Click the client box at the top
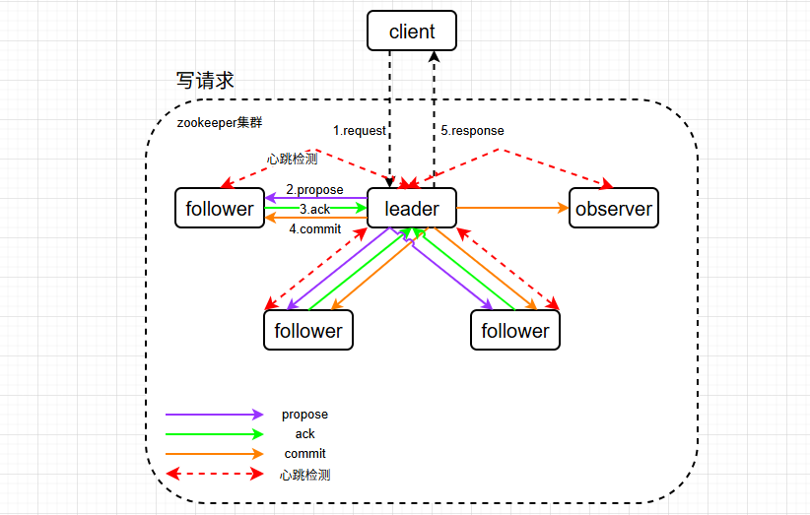(412, 32)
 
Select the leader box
(412, 209)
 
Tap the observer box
(614, 209)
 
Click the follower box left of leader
(220, 209)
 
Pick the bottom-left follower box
(307, 331)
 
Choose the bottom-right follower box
(515, 331)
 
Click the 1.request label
(360, 130)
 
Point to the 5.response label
(471, 130)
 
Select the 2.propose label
(314, 189)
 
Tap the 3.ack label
(314, 209)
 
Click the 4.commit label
(314, 228)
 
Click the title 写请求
(205, 81)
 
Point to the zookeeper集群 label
(219, 123)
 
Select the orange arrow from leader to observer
(513, 208)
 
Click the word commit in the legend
(304, 454)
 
